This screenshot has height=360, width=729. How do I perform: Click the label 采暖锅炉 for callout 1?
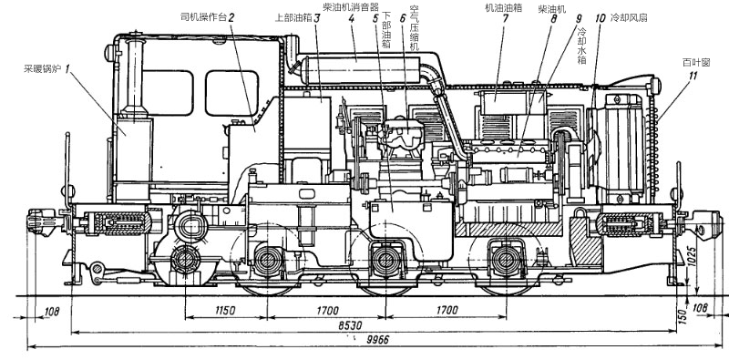[x=43, y=69]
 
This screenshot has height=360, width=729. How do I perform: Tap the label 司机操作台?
[x=203, y=18]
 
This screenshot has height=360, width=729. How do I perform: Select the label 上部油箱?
[x=293, y=18]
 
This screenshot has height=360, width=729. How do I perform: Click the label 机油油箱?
[x=502, y=8]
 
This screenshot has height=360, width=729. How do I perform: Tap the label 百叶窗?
[x=696, y=62]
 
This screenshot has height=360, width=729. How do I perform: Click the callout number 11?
[x=693, y=76]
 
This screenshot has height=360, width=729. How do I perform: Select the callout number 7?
[x=505, y=19]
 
